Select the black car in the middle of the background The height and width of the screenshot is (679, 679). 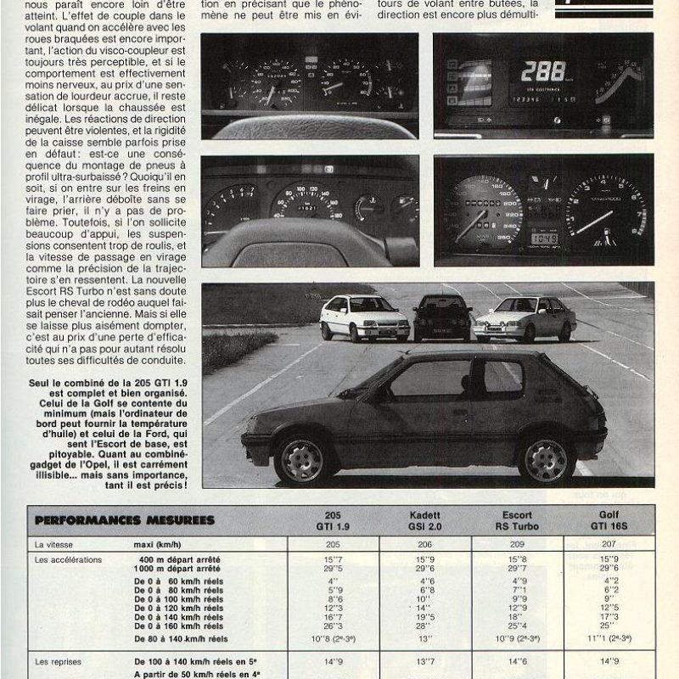[441, 318]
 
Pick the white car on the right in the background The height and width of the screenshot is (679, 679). [520, 319]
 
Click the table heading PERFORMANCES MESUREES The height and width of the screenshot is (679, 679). [125, 519]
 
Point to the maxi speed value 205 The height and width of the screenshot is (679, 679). [332, 544]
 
